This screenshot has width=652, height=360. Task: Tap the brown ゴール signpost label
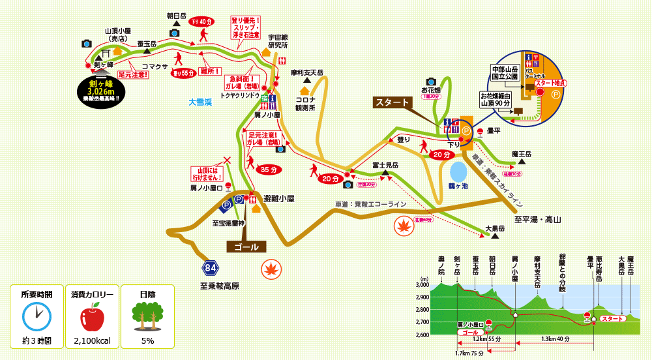click(246, 247)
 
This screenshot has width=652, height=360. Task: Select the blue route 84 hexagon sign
click(210, 267)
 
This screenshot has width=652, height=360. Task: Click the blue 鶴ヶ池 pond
click(459, 172)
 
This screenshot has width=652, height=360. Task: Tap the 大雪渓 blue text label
click(201, 102)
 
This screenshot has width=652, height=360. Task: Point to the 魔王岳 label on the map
click(522, 154)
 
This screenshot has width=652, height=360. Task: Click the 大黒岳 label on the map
click(496, 228)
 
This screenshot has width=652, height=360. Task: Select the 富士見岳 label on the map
click(386, 166)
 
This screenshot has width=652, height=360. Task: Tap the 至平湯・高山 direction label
click(537, 220)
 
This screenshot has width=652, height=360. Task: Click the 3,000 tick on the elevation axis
click(422, 285)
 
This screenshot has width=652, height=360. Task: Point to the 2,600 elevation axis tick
click(422, 334)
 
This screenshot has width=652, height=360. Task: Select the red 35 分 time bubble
click(268, 169)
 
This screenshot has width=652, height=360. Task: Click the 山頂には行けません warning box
click(207, 173)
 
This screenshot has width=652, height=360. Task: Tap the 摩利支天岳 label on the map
click(306, 72)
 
